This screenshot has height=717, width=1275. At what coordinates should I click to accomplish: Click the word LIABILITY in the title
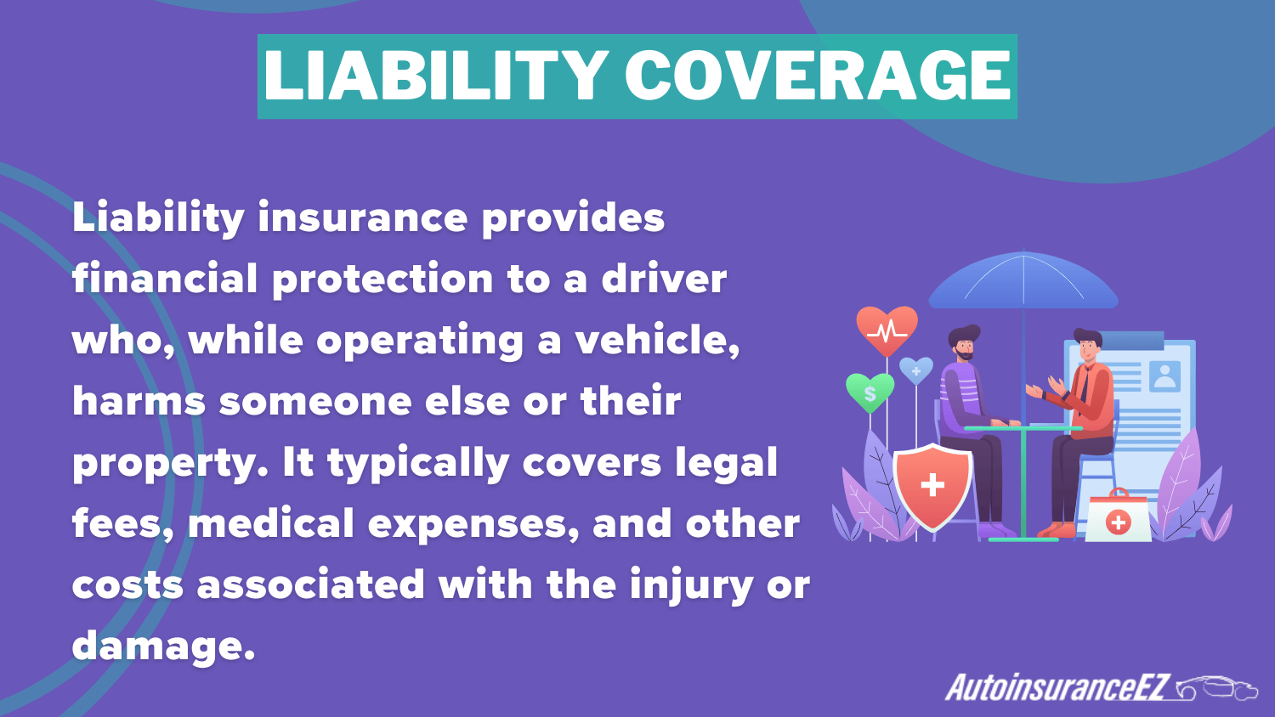click(435, 76)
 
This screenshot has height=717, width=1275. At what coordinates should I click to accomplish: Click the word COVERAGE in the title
click(818, 76)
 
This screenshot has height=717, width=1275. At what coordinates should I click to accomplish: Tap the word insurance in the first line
click(362, 218)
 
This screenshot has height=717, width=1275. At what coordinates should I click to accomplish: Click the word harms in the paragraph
click(139, 402)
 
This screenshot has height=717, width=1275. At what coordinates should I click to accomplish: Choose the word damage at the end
click(162, 646)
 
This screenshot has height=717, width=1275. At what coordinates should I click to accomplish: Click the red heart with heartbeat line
click(887, 329)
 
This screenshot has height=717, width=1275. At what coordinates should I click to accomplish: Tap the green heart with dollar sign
click(870, 392)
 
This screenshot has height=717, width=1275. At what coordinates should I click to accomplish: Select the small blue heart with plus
click(915, 370)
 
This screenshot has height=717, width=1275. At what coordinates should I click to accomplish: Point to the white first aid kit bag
click(1118, 518)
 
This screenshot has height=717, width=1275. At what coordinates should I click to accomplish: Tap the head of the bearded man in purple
click(964, 342)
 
